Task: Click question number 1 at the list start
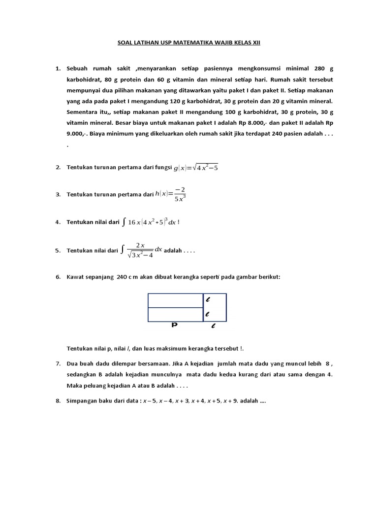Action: [58, 69]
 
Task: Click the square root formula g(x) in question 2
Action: [195, 168]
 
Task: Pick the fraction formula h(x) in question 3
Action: [170, 194]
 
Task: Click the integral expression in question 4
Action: [151, 222]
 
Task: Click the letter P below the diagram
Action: [174, 325]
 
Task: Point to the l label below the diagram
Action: [213, 326]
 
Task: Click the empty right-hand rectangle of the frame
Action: [220, 307]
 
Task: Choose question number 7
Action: [58, 363]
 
